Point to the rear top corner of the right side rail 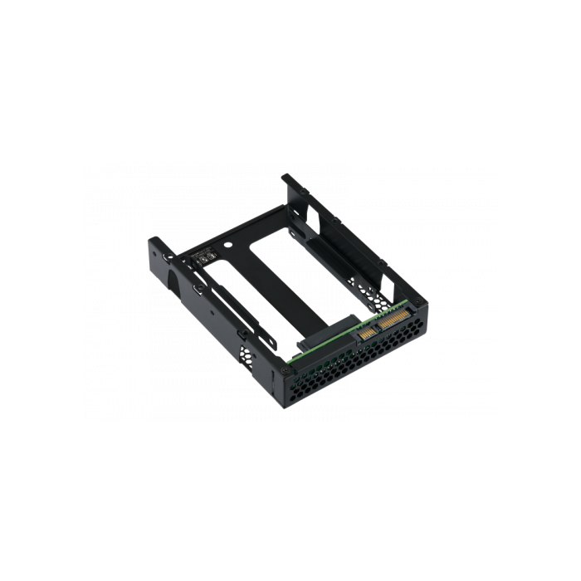[286, 177]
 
